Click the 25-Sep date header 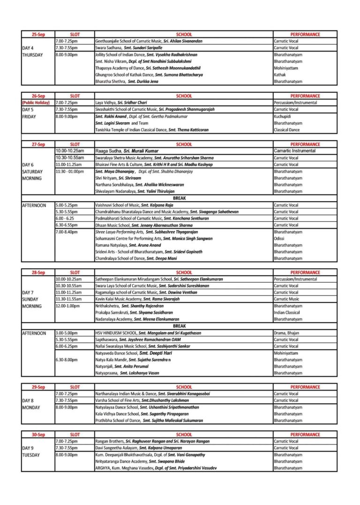coord(38,34)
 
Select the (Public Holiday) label coord(38,103)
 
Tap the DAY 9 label coord(30,448)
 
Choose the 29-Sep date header coord(38,387)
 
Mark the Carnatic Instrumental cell coord(294,151)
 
